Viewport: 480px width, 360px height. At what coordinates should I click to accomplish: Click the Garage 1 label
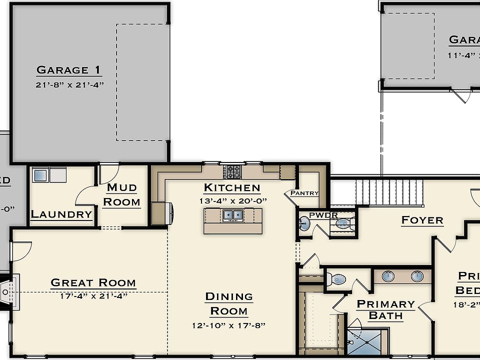tap(69, 70)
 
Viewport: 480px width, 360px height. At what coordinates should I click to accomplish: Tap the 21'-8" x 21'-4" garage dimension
tap(69, 84)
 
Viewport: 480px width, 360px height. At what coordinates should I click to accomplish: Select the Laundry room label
tap(61, 214)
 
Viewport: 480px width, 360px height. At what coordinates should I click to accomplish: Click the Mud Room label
tap(122, 194)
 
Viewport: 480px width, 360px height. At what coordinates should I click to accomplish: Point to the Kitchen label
tap(232, 188)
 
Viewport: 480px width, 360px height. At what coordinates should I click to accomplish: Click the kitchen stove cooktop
tap(232, 171)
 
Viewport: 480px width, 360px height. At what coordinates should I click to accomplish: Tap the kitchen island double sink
tap(232, 215)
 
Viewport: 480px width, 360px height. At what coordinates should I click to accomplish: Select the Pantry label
tap(304, 193)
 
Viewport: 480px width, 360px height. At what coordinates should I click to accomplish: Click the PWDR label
tap(323, 215)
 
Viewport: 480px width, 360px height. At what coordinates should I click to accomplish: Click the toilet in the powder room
tap(345, 223)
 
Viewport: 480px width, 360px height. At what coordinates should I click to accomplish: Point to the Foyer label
tap(422, 220)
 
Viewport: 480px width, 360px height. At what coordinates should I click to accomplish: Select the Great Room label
tap(93, 283)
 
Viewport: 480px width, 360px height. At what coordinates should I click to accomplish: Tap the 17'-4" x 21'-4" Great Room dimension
tap(93, 295)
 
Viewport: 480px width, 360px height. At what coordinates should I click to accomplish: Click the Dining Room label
tap(228, 303)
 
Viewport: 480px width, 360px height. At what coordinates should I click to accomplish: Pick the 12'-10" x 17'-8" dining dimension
tap(228, 325)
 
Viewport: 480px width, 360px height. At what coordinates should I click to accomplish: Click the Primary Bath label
tap(385, 309)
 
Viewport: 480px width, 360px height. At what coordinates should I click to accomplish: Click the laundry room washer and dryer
tap(49, 175)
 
